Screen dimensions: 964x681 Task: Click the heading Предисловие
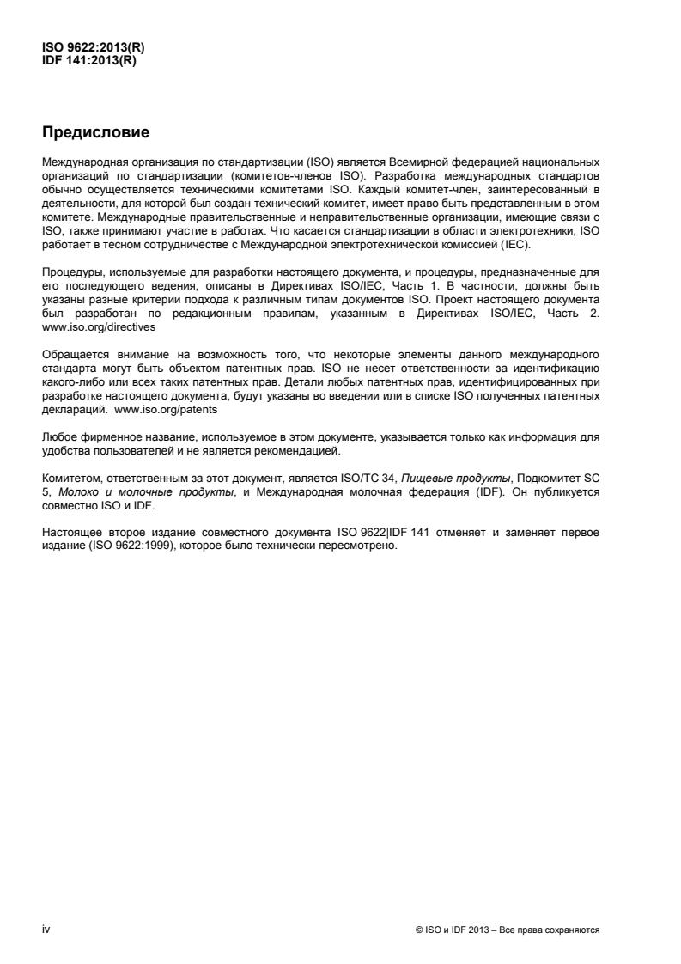click(x=95, y=133)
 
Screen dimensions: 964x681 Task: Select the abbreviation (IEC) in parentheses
click(x=519, y=245)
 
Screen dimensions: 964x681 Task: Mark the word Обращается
click(x=77, y=355)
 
